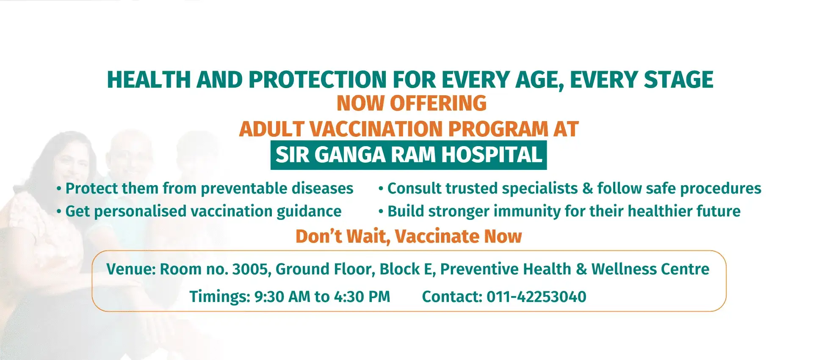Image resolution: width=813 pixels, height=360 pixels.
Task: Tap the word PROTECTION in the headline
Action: click(x=318, y=80)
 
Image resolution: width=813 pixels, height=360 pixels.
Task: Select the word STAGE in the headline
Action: click(x=678, y=80)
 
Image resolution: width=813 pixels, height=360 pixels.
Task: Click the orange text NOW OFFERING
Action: click(x=412, y=103)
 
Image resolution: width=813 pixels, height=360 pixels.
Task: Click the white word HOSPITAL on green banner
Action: click(x=492, y=155)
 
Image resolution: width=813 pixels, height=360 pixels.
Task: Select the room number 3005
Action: click(x=252, y=269)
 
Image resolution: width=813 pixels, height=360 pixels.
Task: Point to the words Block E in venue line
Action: click(x=408, y=269)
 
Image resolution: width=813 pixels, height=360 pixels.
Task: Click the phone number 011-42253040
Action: click(x=536, y=297)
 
